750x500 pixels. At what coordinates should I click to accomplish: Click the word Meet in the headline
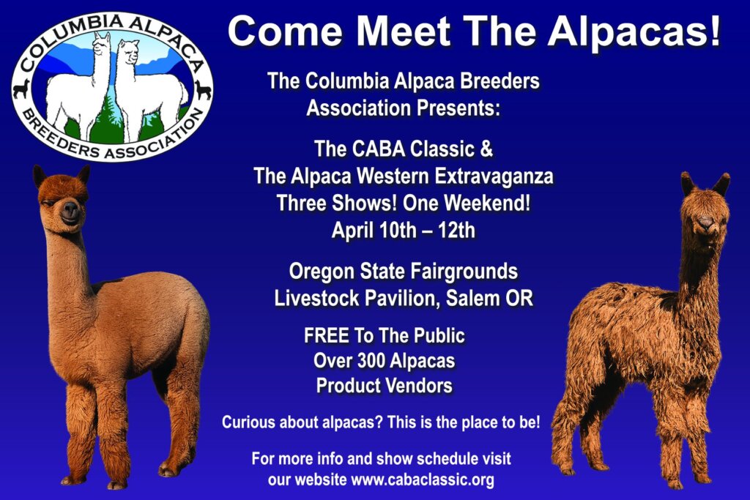(x=404, y=31)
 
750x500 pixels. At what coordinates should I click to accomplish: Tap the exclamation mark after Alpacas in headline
(x=714, y=31)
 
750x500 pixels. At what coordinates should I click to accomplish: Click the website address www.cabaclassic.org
(x=423, y=479)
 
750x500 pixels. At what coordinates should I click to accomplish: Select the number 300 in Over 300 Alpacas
(x=368, y=360)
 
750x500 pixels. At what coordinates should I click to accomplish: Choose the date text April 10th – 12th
(x=404, y=231)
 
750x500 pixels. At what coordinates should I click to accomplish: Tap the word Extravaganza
(x=494, y=176)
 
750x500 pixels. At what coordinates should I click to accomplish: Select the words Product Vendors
(x=384, y=385)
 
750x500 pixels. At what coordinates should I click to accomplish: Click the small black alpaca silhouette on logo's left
(x=22, y=89)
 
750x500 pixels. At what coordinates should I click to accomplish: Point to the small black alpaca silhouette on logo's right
(x=203, y=89)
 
